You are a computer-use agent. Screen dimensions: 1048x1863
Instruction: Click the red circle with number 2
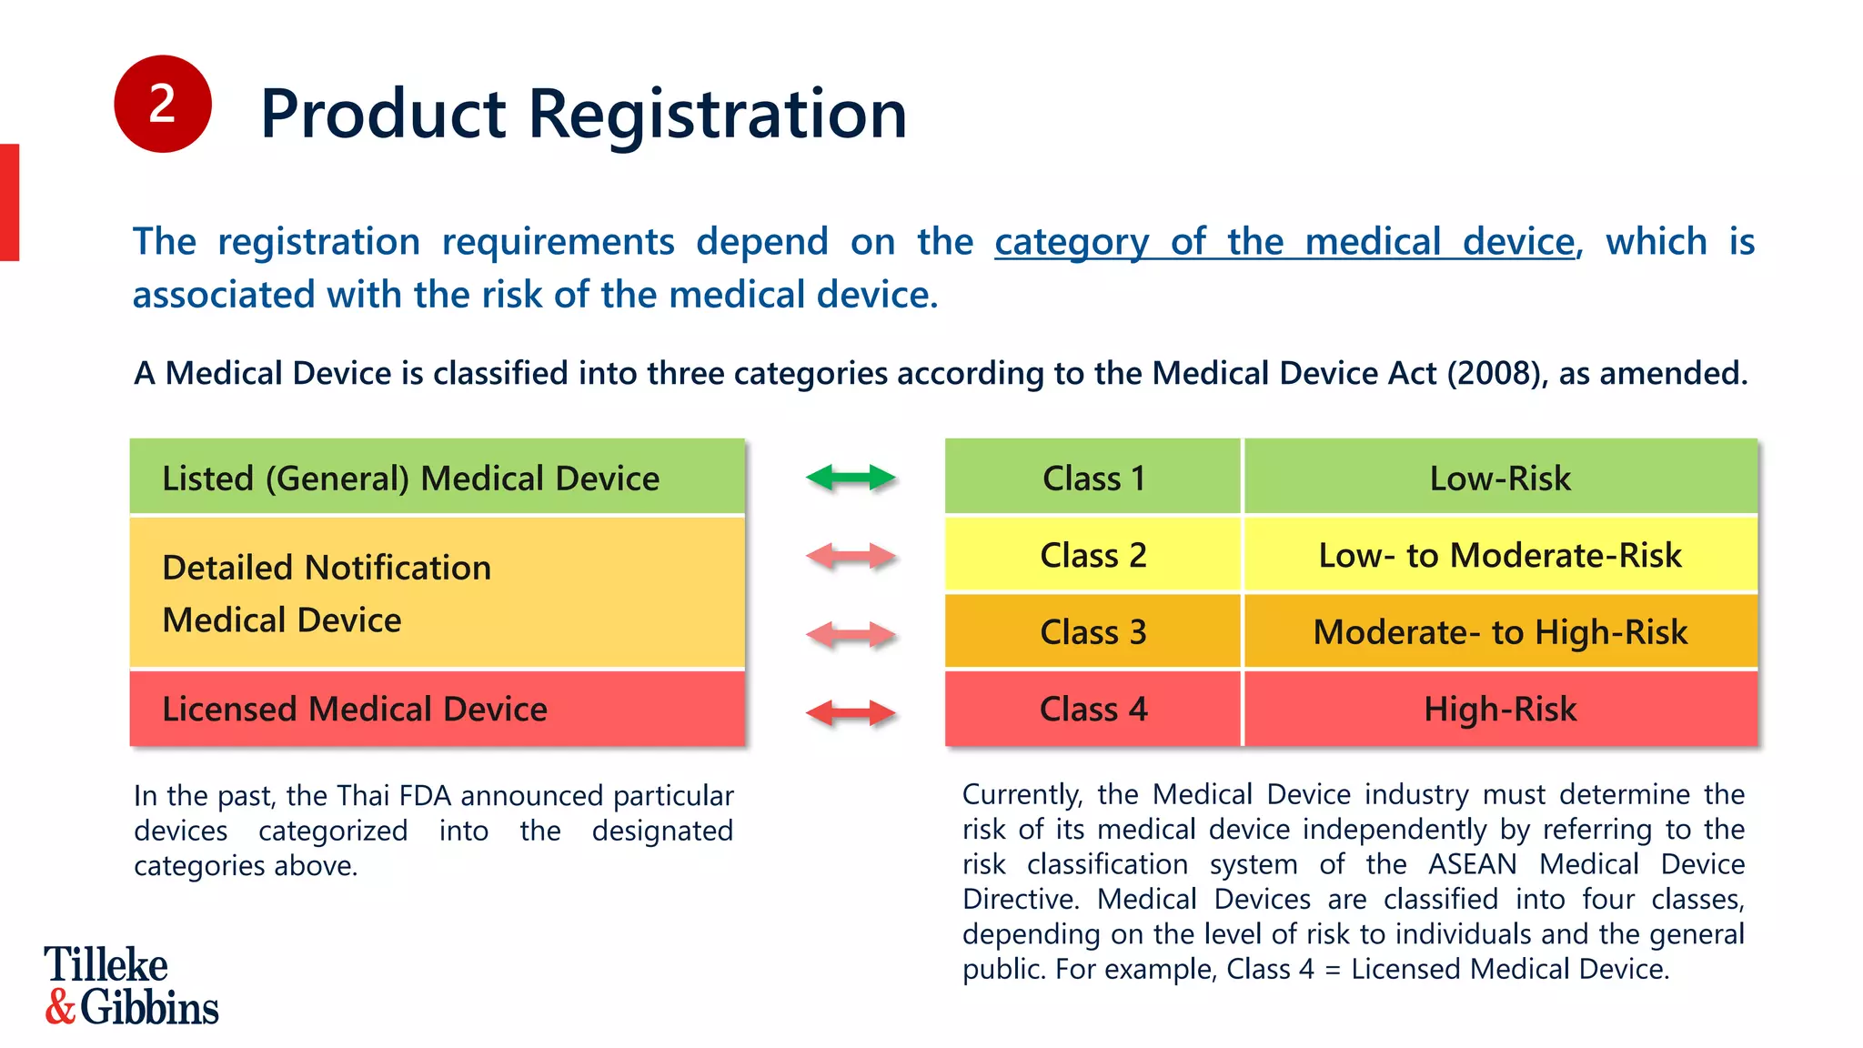pyautogui.click(x=162, y=104)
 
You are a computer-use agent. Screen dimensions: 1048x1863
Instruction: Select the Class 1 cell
pyautogui.click(x=1093, y=478)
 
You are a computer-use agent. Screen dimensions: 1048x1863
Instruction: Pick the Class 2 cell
pyautogui.click(x=1093, y=555)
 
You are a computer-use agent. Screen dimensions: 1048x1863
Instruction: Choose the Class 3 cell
pyautogui.click(x=1093, y=632)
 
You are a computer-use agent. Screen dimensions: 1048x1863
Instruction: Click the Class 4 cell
pyautogui.click(x=1093, y=710)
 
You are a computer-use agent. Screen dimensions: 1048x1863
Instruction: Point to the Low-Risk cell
pyautogui.click(x=1500, y=478)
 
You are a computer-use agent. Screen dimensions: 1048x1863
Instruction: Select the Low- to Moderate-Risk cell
pyautogui.click(x=1500, y=555)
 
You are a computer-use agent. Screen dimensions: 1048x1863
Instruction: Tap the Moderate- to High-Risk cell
pyautogui.click(x=1500, y=632)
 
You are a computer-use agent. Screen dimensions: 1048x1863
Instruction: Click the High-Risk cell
pyautogui.click(x=1500, y=710)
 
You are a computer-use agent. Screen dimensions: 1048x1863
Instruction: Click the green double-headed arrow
pyautogui.click(x=851, y=478)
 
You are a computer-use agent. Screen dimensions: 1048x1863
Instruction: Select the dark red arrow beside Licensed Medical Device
pyautogui.click(x=851, y=712)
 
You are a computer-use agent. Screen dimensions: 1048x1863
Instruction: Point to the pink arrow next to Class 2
pyautogui.click(x=851, y=556)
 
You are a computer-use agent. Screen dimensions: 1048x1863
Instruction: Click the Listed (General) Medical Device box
pyautogui.click(x=437, y=478)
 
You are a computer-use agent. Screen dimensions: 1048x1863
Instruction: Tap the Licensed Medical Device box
pyautogui.click(x=437, y=710)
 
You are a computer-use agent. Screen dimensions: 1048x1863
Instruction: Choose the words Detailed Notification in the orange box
pyautogui.click(x=327, y=568)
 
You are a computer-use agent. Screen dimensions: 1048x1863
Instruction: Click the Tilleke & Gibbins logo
pyautogui.click(x=131, y=986)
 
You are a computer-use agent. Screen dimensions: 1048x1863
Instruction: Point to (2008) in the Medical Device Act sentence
pyautogui.click(x=1496, y=374)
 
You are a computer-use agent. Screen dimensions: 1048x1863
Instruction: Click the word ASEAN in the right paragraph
pyautogui.click(x=1472, y=864)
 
